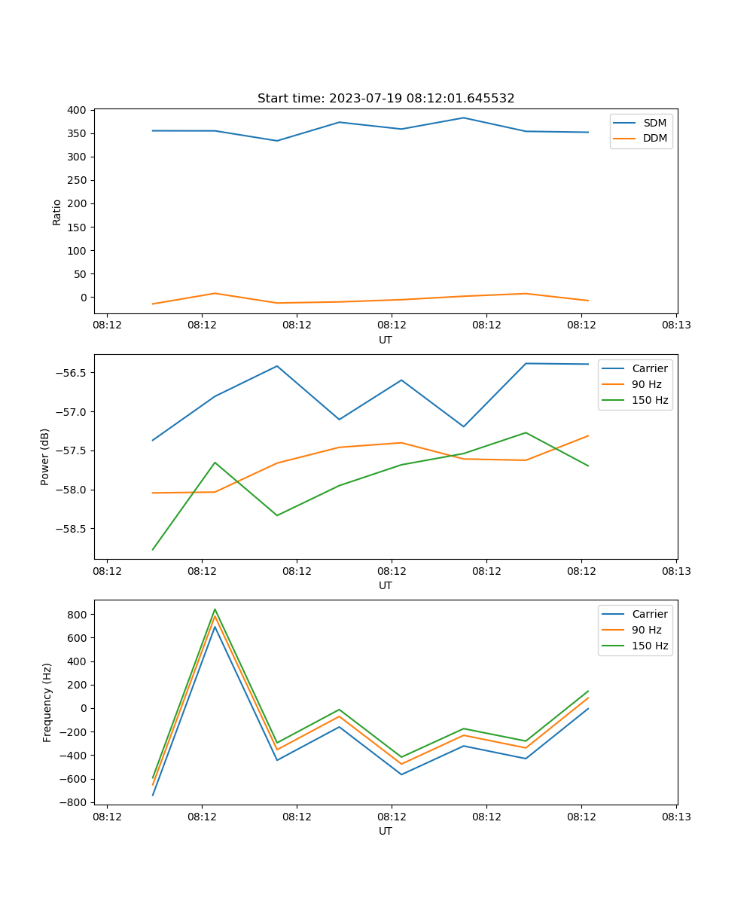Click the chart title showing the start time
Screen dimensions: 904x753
[386, 99]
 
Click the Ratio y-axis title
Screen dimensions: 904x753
[57, 212]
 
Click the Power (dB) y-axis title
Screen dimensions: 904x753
[45, 457]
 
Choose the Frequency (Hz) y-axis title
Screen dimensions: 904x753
[47, 702]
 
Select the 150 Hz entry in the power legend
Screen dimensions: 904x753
[649, 400]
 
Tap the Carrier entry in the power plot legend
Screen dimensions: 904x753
[649, 368]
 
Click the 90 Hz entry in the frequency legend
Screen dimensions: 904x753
[646, 630]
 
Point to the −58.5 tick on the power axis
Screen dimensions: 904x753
[72, 528]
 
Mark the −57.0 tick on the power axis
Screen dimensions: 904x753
[72, 412]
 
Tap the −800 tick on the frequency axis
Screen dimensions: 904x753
[75, 802]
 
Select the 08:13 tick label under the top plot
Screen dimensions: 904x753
[676, 325]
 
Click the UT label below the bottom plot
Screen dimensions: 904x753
[386, 831]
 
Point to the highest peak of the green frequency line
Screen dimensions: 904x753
[215, 609]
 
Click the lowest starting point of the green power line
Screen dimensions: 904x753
[153, 549]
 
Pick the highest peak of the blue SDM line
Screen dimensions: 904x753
[463, 118]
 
